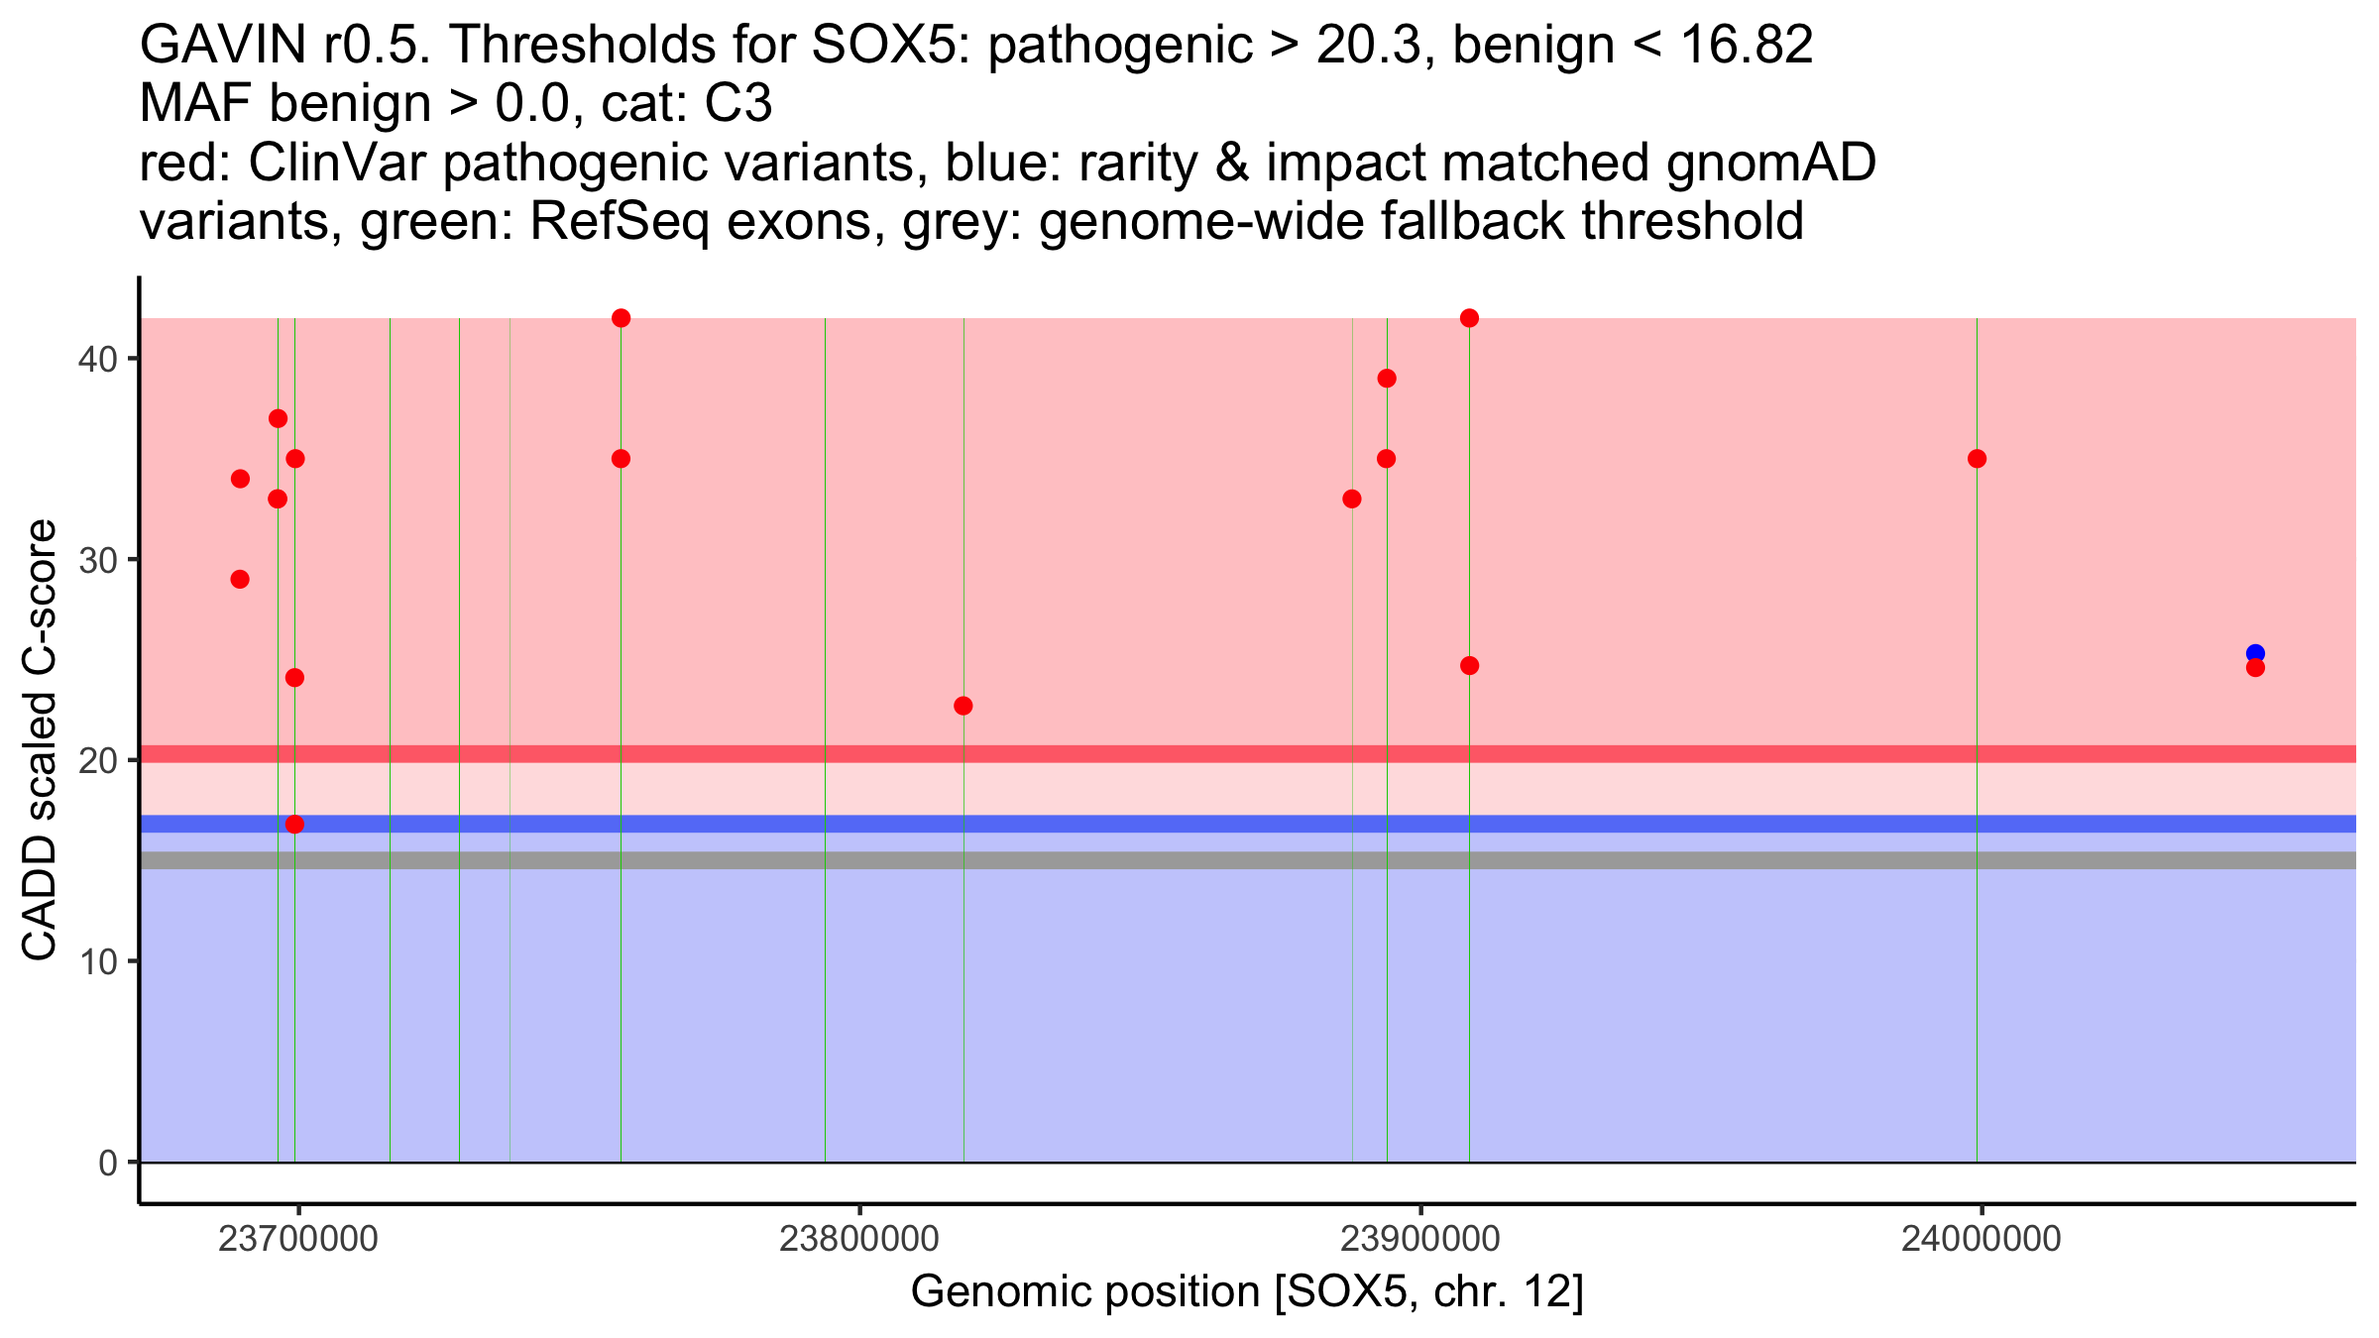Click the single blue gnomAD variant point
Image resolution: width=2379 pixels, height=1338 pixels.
(x=2255, y=653)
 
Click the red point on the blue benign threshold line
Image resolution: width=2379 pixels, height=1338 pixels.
(x=294, y=824)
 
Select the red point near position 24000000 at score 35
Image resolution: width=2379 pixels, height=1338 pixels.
(x=1977, y=459)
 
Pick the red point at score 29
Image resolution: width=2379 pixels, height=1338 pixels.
(x=240, y=579)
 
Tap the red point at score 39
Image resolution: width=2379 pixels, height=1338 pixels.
(x=1387, y=379)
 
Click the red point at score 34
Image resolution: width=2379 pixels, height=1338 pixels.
(x=240, y=479)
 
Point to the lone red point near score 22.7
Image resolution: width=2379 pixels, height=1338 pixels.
(x=963, y=706)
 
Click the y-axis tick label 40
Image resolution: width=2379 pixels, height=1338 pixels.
(x=97, y=359)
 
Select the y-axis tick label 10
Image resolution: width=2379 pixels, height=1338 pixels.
(x=97, y=961)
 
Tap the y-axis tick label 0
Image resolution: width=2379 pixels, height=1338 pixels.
(x=108, y=1163)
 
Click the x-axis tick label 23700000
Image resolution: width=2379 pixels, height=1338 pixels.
(x=297, y=1240)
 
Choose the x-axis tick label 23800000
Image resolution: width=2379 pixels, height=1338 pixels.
(x=858, y=1240)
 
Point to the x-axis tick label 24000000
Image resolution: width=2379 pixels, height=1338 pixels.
(x=1981, y=1240)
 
